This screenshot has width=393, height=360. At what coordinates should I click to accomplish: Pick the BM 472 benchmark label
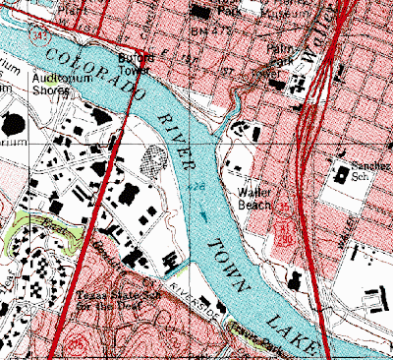(200, 32)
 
